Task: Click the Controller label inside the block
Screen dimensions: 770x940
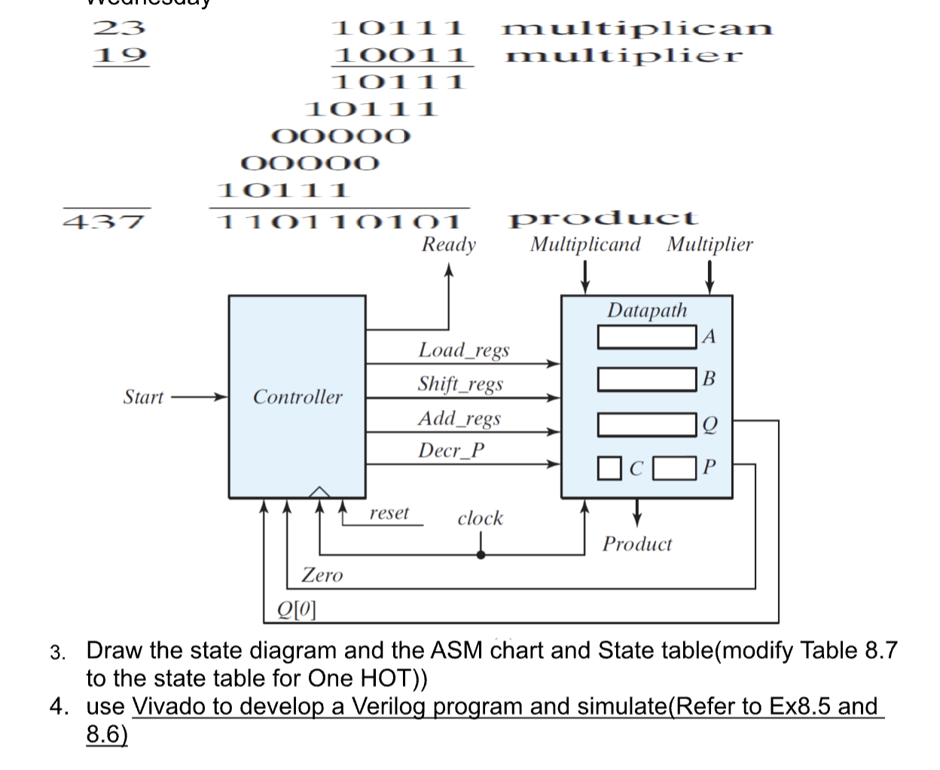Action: click(297, 396)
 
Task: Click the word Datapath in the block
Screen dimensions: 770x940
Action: click(647, 310)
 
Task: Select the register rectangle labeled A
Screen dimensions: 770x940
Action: click(646, 337)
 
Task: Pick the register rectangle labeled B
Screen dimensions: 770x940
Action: click(646, 379)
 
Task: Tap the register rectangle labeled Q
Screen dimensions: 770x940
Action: click(646, 425)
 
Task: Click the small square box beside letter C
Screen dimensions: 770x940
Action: click(609, 468)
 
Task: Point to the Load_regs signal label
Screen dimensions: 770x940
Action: click(463, 350)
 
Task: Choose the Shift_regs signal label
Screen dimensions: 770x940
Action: click(460, 383)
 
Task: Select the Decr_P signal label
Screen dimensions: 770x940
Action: click(451, 451)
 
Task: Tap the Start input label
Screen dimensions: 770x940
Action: click(143, 397)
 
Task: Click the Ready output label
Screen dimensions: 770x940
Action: click(448, 244)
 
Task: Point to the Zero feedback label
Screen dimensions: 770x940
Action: click(322, 575)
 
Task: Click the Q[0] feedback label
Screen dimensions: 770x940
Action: click(296, 608)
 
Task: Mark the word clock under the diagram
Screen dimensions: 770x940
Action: click(480, 518)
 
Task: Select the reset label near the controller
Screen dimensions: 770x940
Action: click(389, 513)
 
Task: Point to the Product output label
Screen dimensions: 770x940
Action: click(636, 544)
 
